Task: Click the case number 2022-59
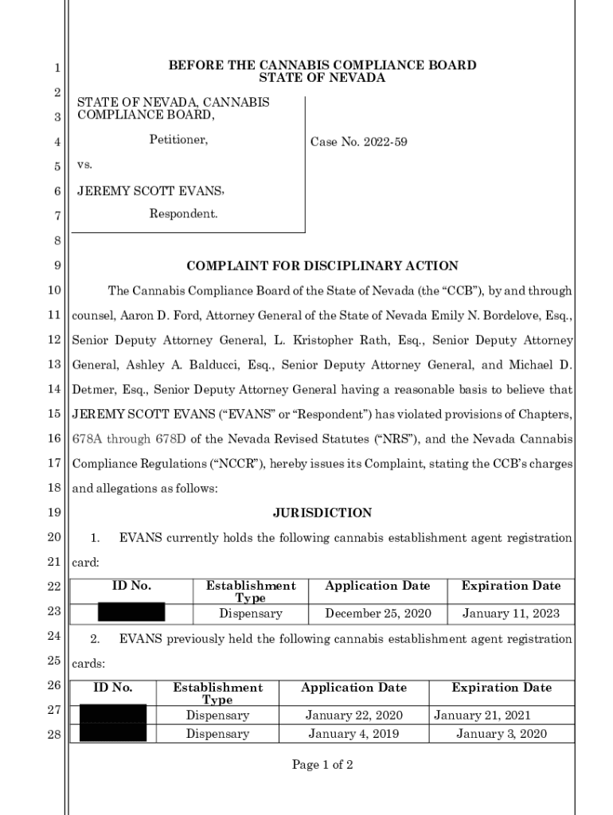pos(358,142)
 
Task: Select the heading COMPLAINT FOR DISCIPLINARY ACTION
pos(322,266)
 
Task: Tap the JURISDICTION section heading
pos(322,513)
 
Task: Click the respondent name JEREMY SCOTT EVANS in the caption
pos(150,192)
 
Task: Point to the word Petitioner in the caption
pos(178,141)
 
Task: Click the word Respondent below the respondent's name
pos(183,214)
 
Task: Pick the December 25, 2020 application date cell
pos(377,614)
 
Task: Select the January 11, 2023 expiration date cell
pos(511,614)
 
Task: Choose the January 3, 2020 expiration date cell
pos(501,734)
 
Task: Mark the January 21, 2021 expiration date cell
pos(482,716)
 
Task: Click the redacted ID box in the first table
pos(131,613)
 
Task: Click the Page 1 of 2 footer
pos(322,765)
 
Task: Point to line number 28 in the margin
pos(54,734)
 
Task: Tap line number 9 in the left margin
pos(57,266)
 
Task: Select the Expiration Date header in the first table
pos(511,586)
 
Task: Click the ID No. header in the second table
pos(112,688)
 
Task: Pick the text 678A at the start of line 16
pos(88,439)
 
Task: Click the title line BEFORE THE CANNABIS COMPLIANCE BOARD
pos(322,65)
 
